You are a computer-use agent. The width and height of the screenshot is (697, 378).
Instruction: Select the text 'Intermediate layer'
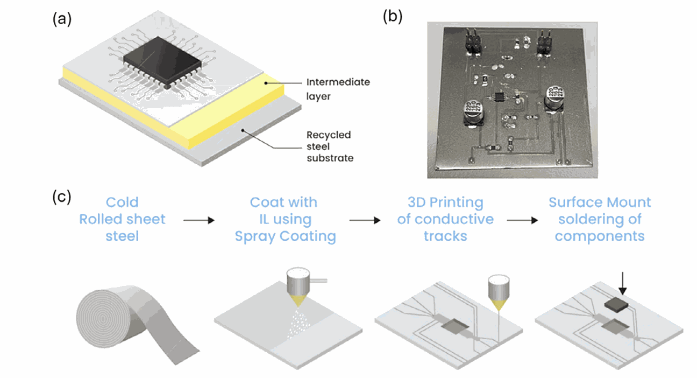pyautogui.click(x=338, y=90)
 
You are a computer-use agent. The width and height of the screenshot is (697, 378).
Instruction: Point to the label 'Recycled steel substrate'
pyautogui.click(x=330, y=146)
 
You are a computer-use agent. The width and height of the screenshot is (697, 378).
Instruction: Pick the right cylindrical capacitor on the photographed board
pyautogui.click(x=554, y=98)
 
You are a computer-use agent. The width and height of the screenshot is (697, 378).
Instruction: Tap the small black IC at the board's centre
pyautogui.click(x=498, y=97)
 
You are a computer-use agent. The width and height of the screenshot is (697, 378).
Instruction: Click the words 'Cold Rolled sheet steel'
pyautogui.click(x=122, y=219)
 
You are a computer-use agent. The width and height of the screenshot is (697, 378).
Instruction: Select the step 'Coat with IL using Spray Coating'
pyautogui.click(x=285, y=219)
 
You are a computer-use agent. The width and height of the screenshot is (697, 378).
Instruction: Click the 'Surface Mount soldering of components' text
pyautogui.click(x=600, y=219)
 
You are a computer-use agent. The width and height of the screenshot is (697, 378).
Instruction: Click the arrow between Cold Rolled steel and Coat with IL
pyautogui.click(x=198, y=220)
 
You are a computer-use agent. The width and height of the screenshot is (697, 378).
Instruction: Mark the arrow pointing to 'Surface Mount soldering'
pyautogui.click(x=522, y=220)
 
